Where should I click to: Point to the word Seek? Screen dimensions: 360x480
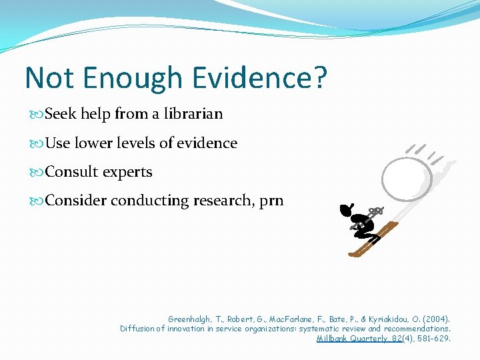(x=61, y=114)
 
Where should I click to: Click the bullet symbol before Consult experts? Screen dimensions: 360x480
(x=37, y=172)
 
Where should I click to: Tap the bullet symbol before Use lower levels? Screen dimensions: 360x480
(x=37, y=143)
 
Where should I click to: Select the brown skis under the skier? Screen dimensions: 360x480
(x=373, y=241)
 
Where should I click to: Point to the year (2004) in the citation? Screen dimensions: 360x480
(x=436, y=319)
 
